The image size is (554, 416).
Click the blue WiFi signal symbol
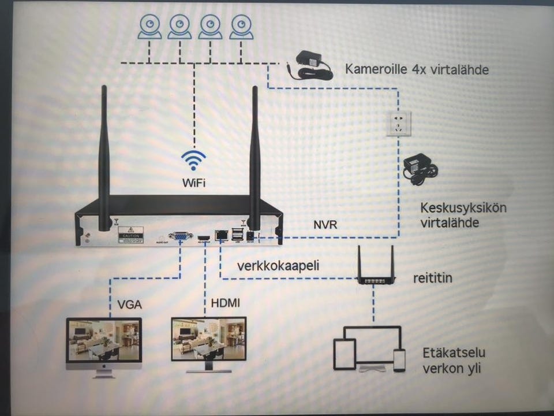point(193,160)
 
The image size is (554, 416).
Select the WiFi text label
point(193,183)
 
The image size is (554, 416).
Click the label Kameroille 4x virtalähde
point(417,69)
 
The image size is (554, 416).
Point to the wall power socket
point(398,124)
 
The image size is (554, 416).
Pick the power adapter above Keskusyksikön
point(420,168)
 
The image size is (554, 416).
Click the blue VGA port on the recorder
point(180,236)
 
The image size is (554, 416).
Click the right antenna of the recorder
point(254,156)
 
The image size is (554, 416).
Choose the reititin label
point(433,278)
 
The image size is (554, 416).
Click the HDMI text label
point(226,303)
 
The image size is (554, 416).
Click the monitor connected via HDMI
point(209,343)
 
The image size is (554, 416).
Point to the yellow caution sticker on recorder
point(130,235)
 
